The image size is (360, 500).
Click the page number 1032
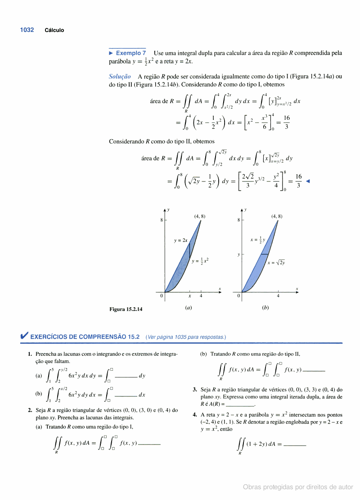pos(27,30)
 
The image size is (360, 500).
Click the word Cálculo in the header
pos(54,30)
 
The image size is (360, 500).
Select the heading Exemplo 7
pos(128,53)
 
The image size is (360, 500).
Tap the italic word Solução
pos(120,77)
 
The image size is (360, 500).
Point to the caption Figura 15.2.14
pos(126,309)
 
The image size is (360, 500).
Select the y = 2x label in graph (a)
pos(180,241)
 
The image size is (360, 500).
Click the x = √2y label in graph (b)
pos(276,262)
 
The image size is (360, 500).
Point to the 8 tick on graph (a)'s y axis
pos(161,220)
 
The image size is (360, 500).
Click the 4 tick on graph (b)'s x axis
pos(278,296)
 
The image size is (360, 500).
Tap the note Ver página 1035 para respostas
pos(186,337)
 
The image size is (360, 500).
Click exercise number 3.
pos(194,390)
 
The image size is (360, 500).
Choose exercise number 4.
pos(194,415)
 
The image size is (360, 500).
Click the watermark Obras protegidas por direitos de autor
pos(298,487)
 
